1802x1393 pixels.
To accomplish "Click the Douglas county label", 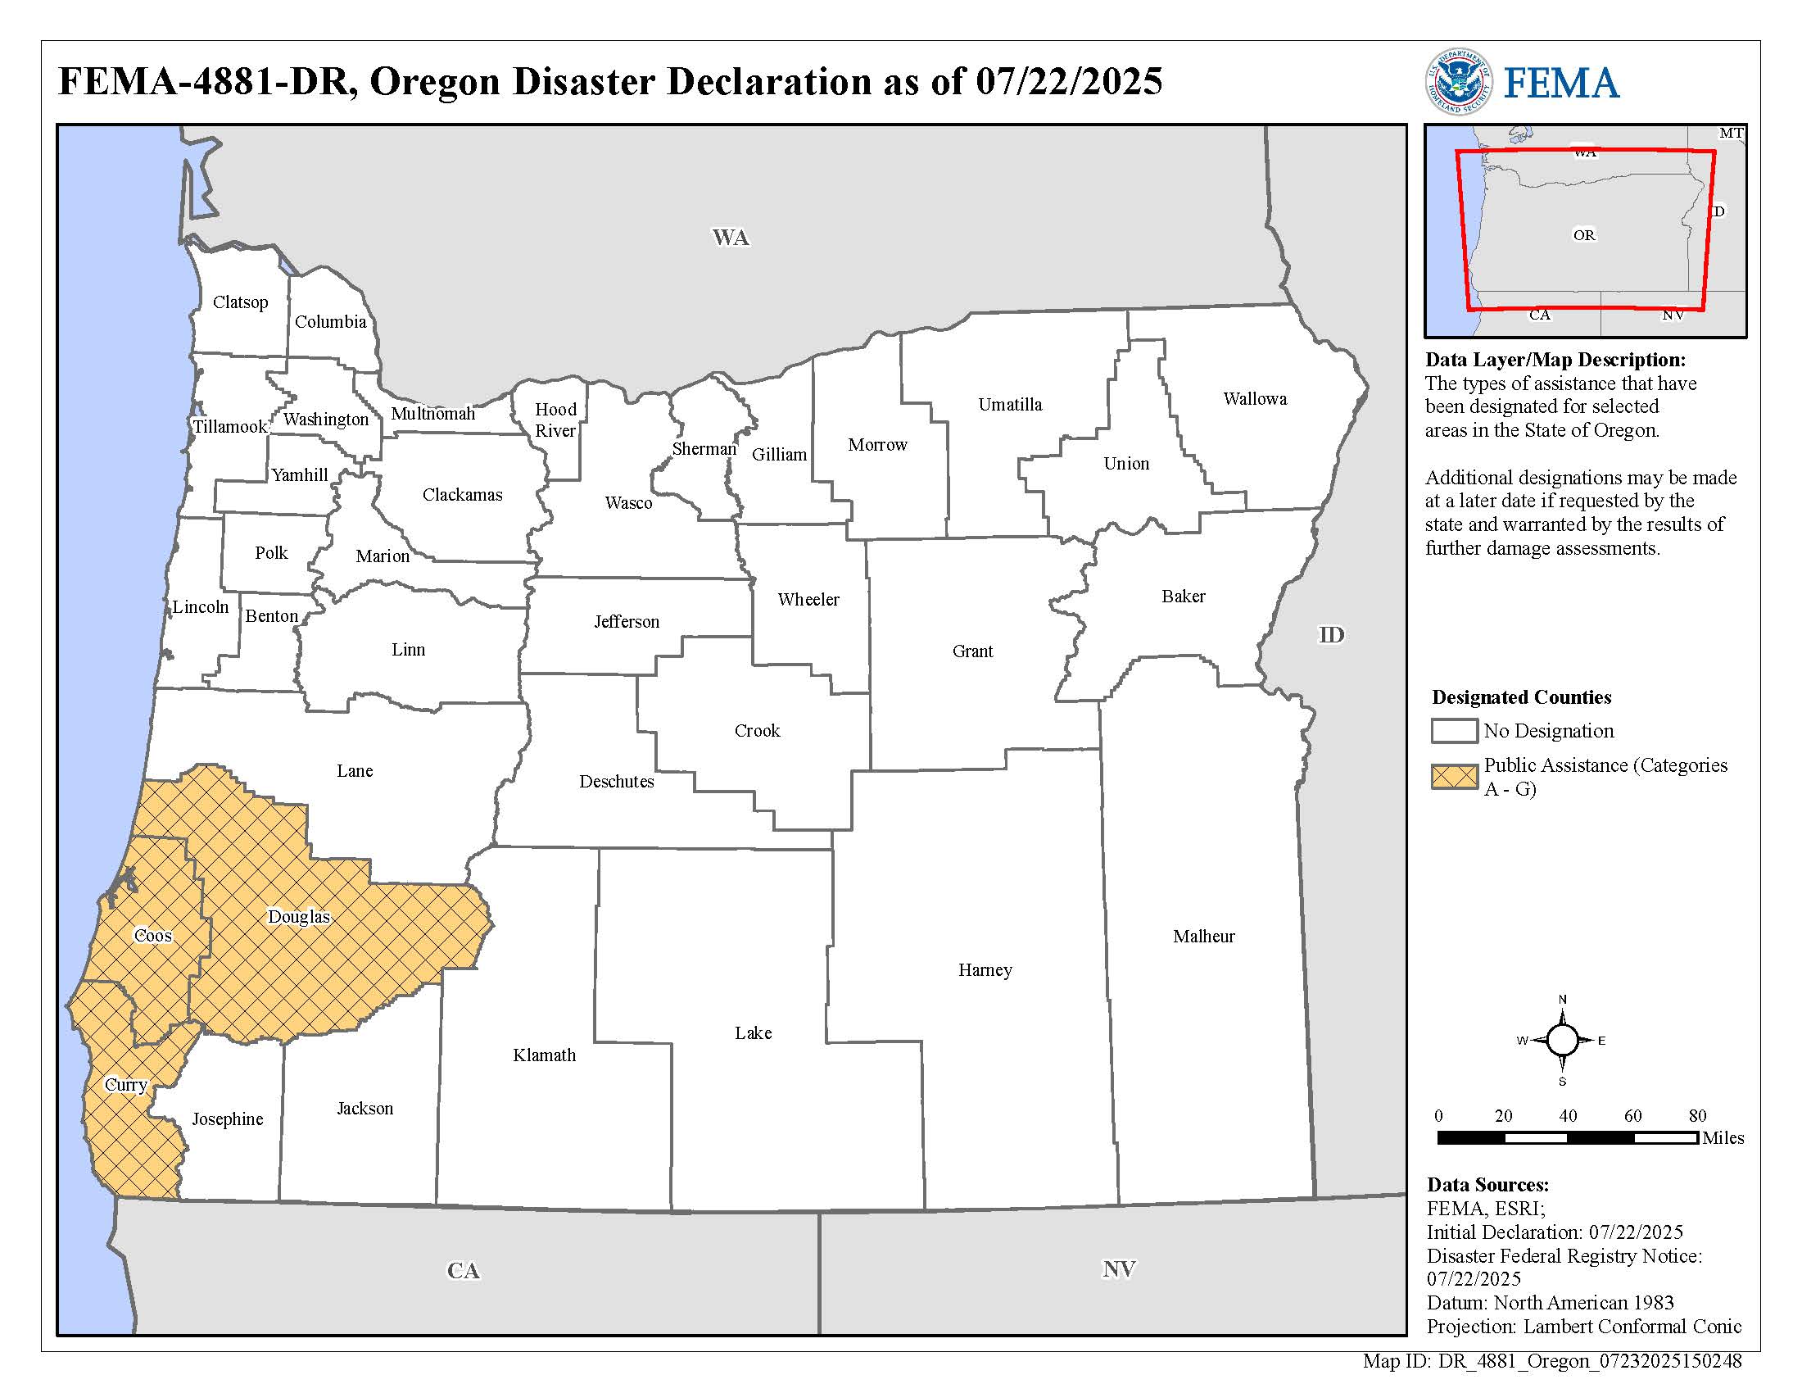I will (299, 916).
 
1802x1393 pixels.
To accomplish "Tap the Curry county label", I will (125, 1084).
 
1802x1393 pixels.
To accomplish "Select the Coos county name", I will (152, 935).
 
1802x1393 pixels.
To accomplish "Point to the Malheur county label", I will (1204, 936).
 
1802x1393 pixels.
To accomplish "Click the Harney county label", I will (985, 969).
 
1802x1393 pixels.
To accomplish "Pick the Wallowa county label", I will (1254, 398).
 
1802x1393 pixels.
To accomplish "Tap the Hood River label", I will (555, 420).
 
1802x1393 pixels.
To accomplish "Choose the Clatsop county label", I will (240, 302).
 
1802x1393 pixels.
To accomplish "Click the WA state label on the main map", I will (730, 238).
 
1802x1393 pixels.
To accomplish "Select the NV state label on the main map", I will (1119, 1268).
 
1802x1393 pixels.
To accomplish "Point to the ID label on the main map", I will (1331, 634).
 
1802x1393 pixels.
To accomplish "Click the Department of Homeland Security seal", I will (1458, 82).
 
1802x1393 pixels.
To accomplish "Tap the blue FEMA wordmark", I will (1561, 84).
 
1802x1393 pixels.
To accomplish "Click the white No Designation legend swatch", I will (1454, 730).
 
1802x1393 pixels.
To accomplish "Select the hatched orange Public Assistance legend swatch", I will (1454, 776).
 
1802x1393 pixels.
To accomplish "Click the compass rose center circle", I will (1561, 1040).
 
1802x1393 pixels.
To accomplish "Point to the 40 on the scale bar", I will (1568, 1116).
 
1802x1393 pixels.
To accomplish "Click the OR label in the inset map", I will (1583, 235).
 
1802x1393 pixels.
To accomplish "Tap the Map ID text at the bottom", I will (1551, 1362).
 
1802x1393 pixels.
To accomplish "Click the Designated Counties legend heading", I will (1522, 697).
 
